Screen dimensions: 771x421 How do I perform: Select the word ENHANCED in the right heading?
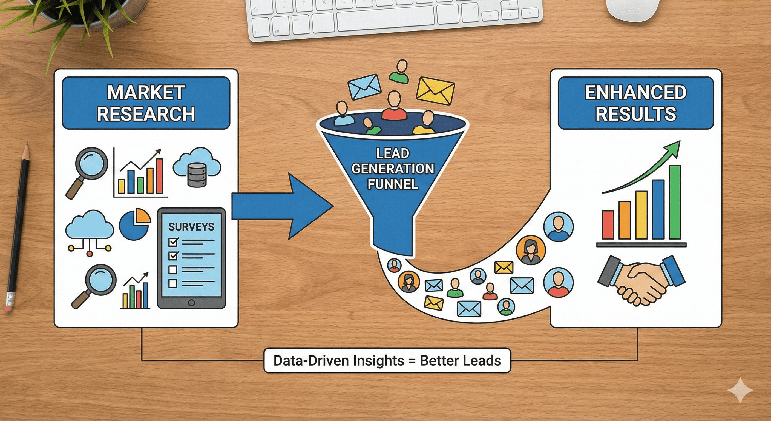coord(635,92)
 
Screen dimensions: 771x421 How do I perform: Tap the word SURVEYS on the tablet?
coord(191,227)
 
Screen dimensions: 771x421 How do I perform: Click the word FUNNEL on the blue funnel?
coord(392,184)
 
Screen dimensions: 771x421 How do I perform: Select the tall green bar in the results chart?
coord(675,202)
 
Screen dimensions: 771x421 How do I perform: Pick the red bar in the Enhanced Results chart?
coord(608,225)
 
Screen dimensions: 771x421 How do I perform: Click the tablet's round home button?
coord(191,303)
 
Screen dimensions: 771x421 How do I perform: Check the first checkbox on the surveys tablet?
coord(173,241)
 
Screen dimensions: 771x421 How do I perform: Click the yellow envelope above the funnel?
coord(435,90)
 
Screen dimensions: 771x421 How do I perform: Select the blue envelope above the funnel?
coord(364,87)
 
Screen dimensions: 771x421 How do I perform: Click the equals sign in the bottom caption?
coord(412,361)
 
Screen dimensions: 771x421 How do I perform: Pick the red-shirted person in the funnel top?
coord(394,107)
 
